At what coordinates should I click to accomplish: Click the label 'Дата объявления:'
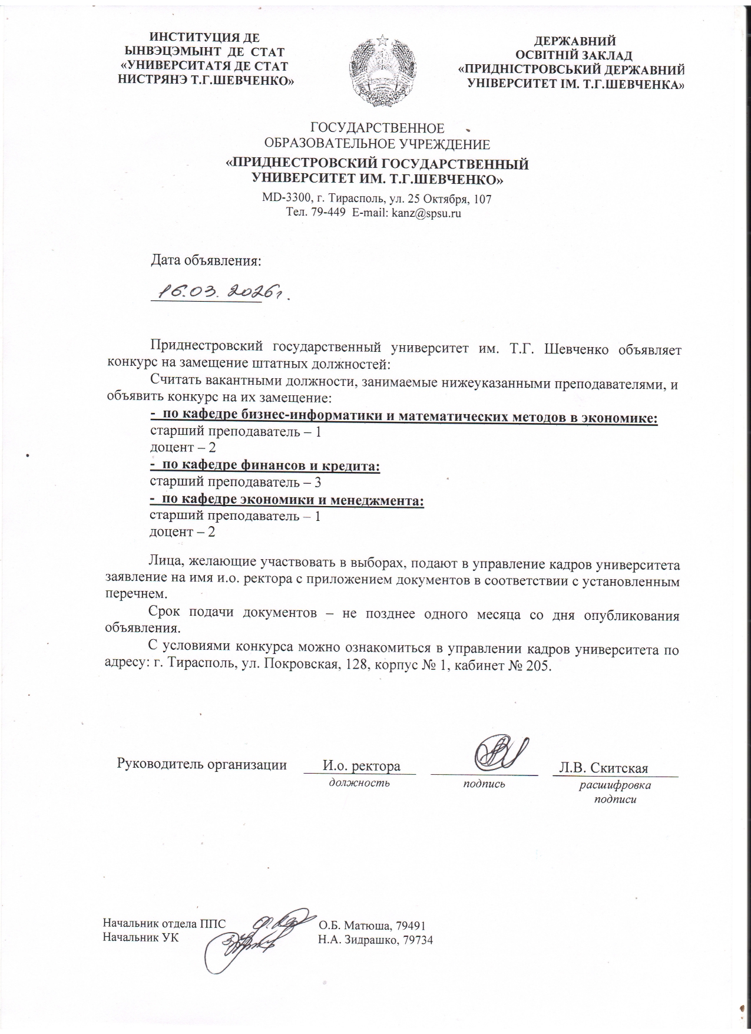point(206,260)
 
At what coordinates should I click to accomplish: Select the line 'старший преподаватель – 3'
point(235,483)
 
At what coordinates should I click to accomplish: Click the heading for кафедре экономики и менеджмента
point(287,500)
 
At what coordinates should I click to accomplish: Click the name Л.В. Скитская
point(604,768)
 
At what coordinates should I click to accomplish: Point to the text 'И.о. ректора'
point(361,766)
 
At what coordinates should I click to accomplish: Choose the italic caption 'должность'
point(359,783)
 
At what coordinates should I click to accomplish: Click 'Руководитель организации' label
point(202,765)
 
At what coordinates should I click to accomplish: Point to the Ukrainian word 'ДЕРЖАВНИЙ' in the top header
point(574,41)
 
